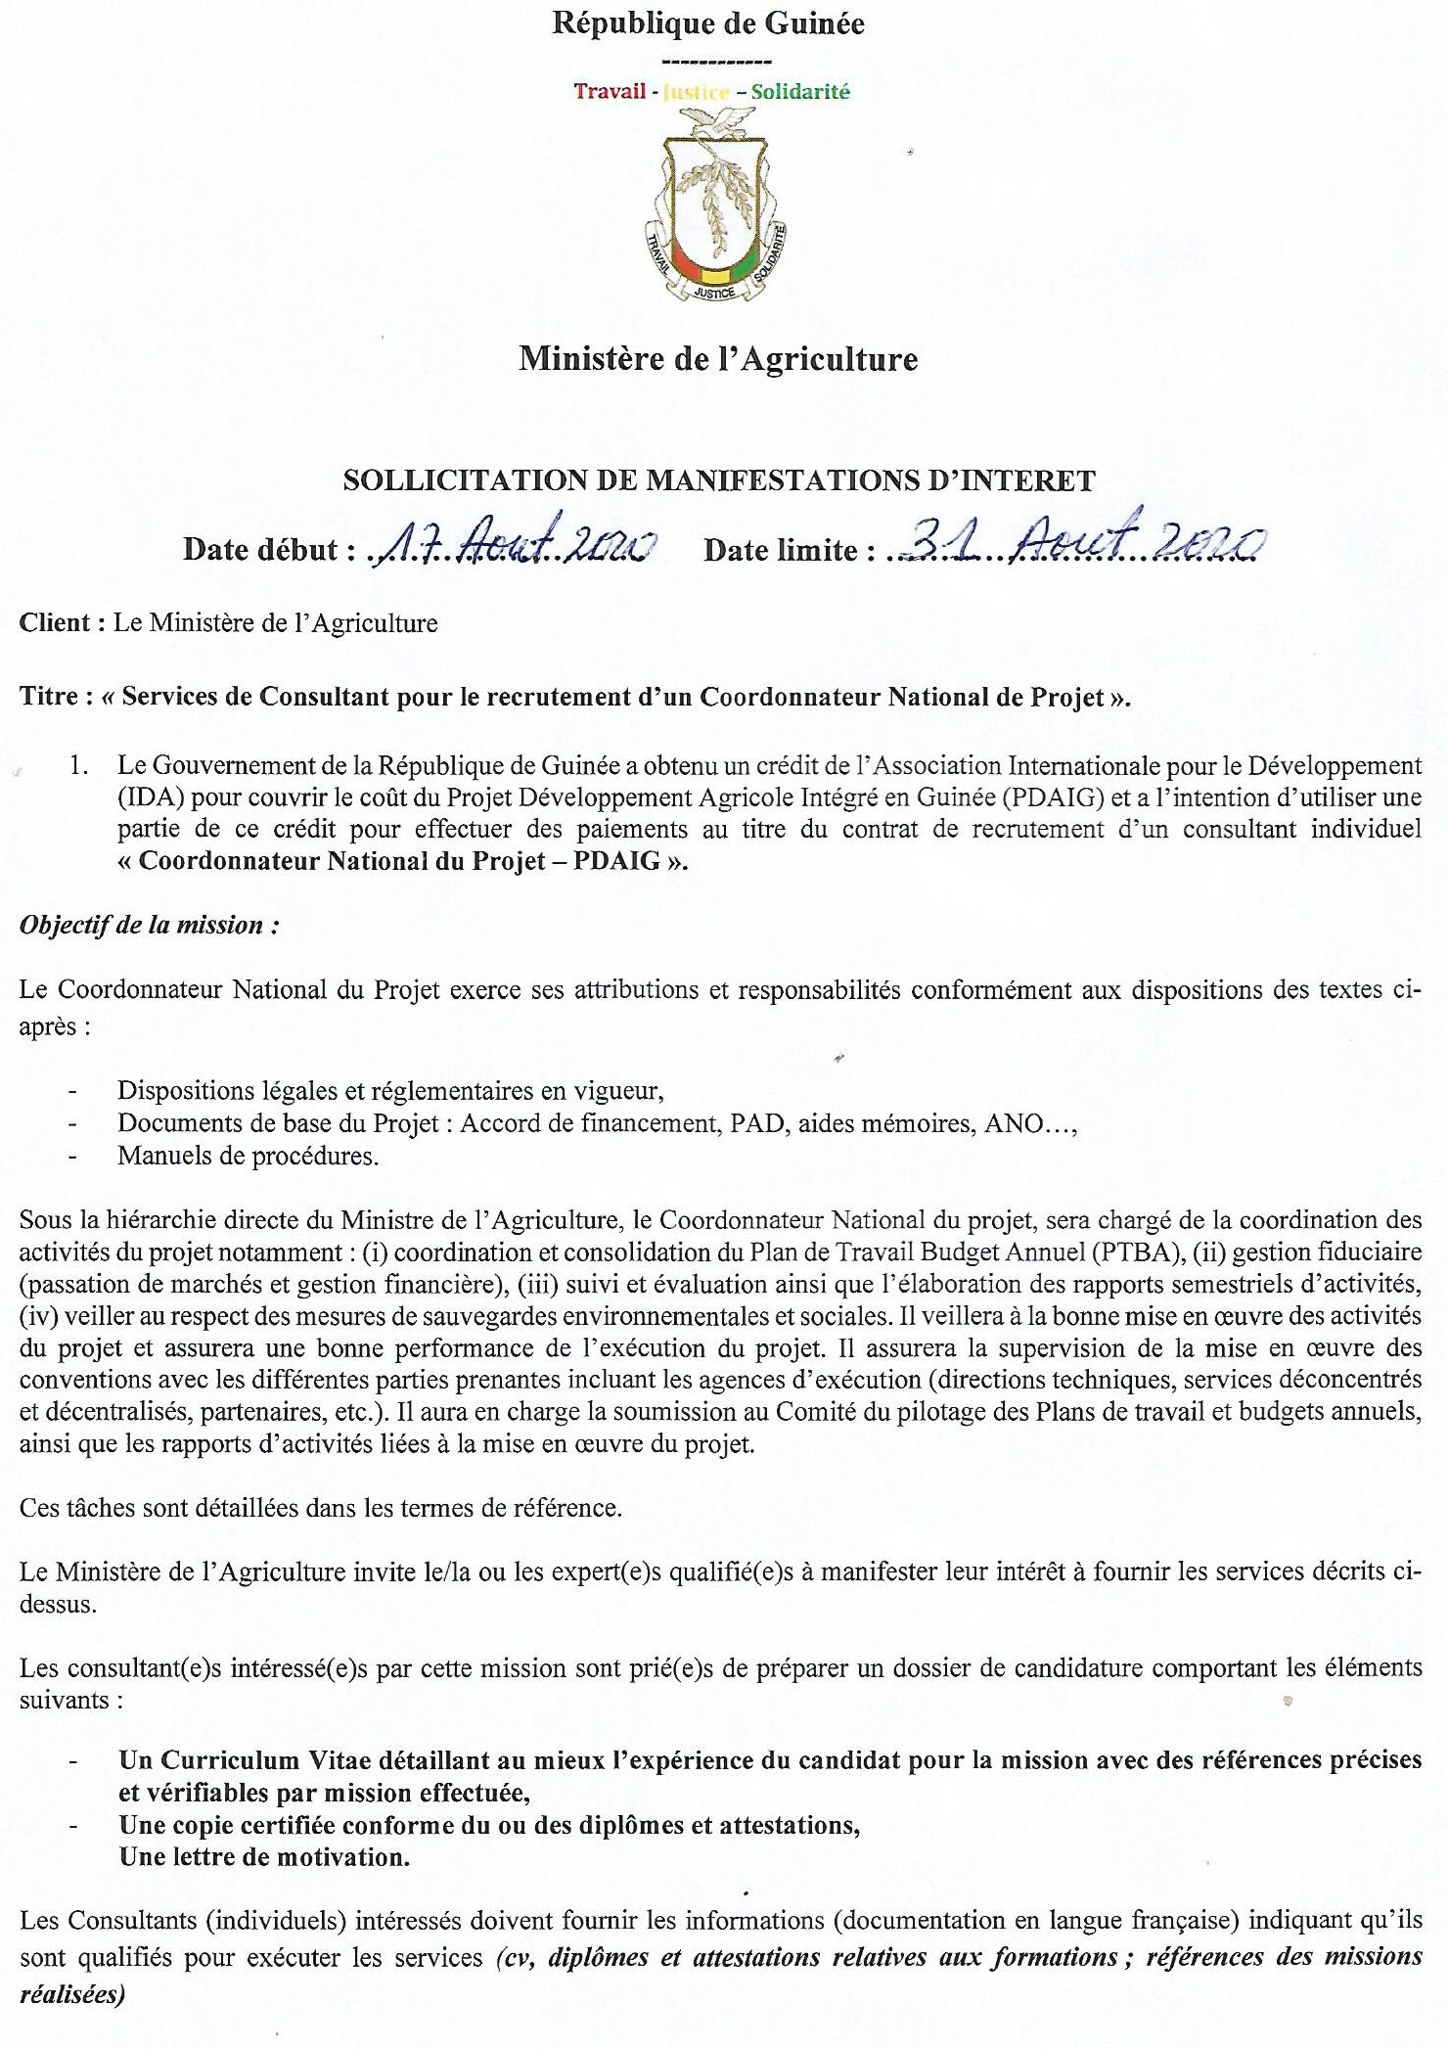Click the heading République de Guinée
pyautogui.click(x=707, y=23)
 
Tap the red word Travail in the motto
pyautogui.click(x=609, y=92)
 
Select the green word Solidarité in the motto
pyautogui.click(x=800, y=92)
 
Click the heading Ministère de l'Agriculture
pyautogui.click(x=718, y=359)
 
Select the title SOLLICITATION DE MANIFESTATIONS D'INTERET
pyautogui.click(x=718, y=480)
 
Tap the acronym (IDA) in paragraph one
pyautogui.click(x=150, y=797)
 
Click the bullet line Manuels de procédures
pyautogui.click(x=248, y=1156)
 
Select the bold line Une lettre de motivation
pyautogui.click(x=264, y=1857)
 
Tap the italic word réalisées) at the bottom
pyautogui.click(x=72, y=1994)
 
